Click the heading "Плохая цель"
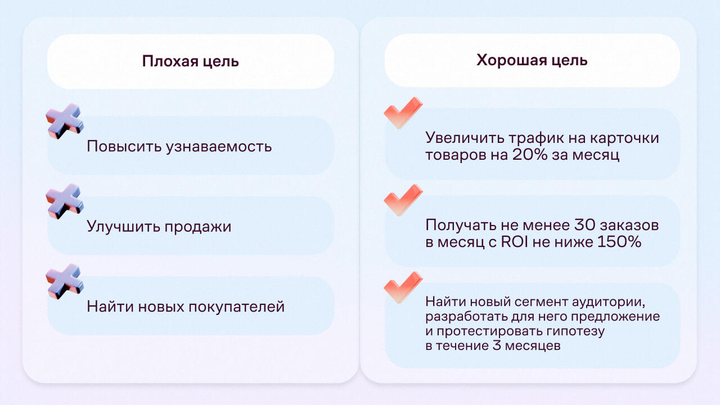190,61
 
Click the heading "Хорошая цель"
532,60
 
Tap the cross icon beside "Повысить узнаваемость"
65,121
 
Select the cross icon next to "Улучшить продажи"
65,201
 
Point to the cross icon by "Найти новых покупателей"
65,281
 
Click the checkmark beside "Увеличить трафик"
403,112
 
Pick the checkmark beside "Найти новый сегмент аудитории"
403,287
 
